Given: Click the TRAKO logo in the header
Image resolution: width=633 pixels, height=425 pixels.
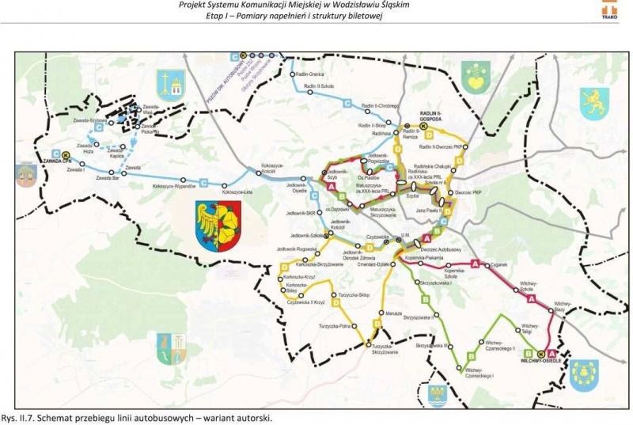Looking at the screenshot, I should click(x=609, y=10).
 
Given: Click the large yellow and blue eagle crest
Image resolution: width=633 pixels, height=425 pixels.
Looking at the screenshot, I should click(x=218, y=225).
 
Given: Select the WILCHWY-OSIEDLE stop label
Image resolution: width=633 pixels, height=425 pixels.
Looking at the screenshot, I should click(x=540, y=361).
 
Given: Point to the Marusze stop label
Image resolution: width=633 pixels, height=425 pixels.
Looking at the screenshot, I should click(x=374, y=311).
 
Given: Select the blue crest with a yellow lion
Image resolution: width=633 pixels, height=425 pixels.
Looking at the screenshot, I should click(x=595, y=101).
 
